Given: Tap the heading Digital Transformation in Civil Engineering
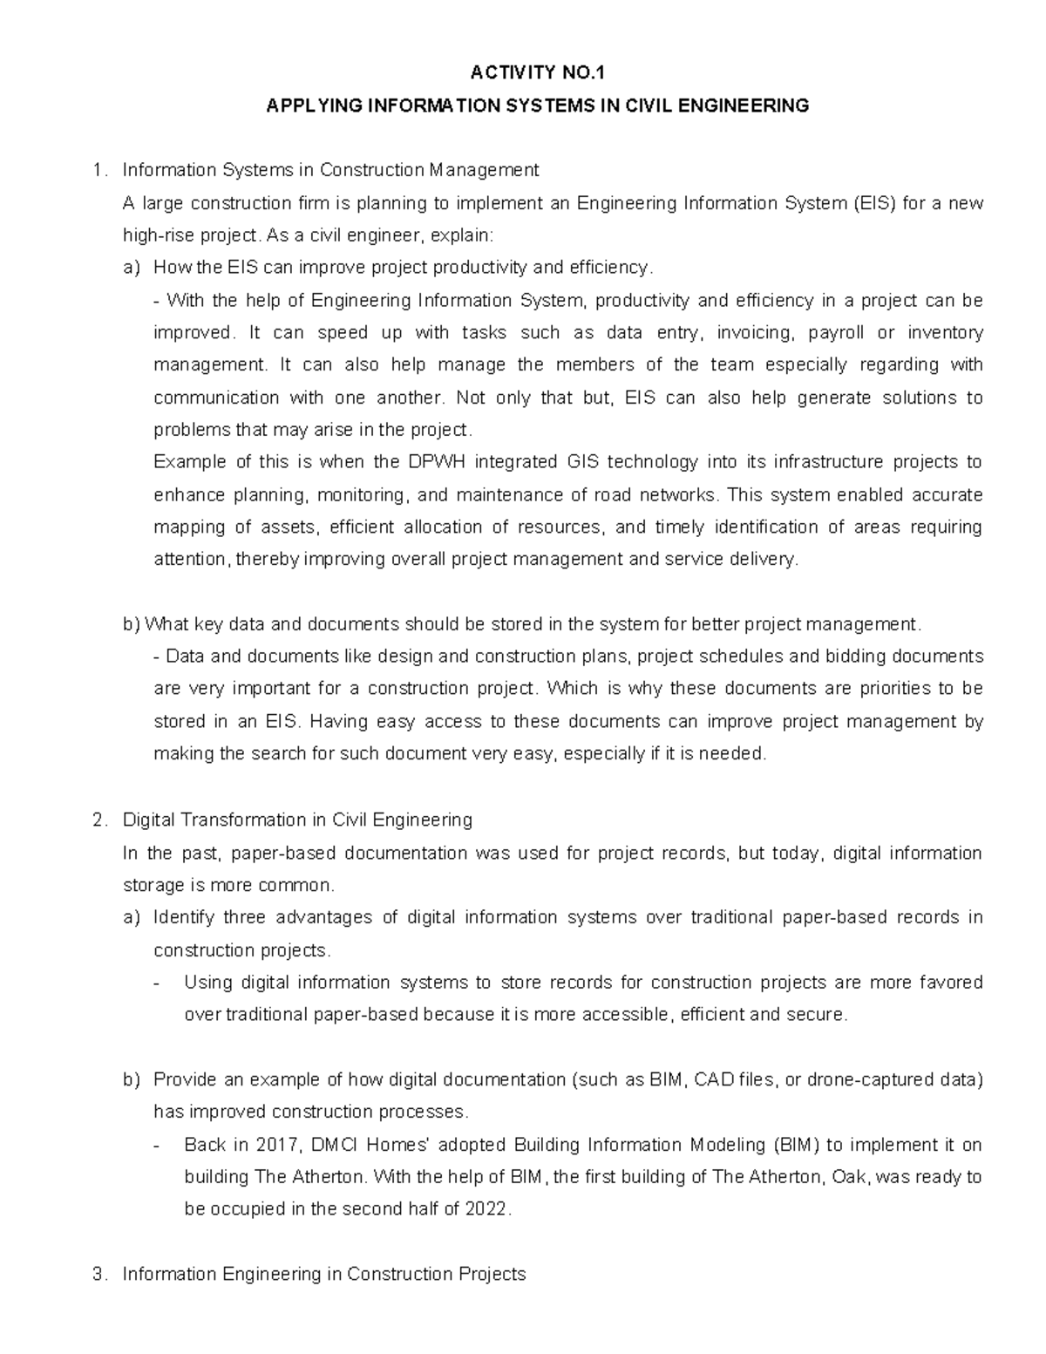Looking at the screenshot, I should click(297, 820).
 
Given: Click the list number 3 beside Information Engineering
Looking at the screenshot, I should click(97, 1274).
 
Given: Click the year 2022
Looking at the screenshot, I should click(486, 1209).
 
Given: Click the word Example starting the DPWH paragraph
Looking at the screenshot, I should click(183, 462).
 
